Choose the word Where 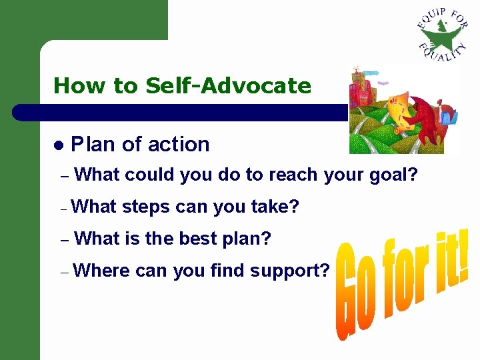(x=102, y=271)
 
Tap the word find (x=227, y=271)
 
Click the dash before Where (x=63, y=272)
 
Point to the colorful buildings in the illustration (x=363, y=87)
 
